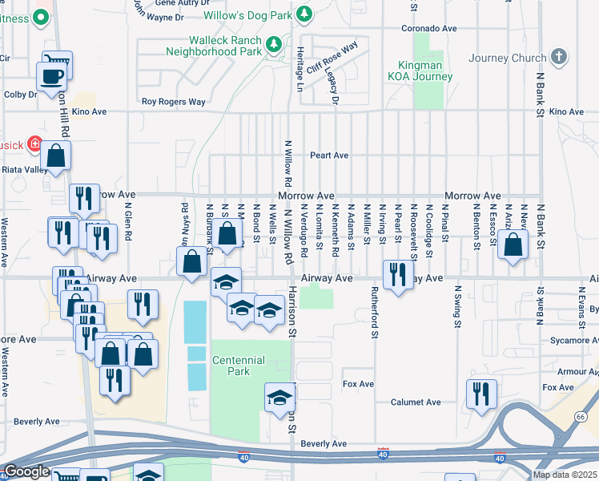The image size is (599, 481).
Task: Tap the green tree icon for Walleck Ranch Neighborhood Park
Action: click(x=274, y=45)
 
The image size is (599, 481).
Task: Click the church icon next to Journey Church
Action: click(x=559, y=57)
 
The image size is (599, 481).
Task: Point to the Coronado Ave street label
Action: click(x=430, y=29)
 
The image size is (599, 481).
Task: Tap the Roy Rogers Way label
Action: click(x=174, y=102)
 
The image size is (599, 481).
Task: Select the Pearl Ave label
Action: click(x=330, y=155)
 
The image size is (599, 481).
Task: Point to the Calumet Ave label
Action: click(x=416, y=402)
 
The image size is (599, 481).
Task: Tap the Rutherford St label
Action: click(x=374, y=313)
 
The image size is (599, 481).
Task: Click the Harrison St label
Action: click(x=292, y=313)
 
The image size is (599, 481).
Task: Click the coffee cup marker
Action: click(x=52, y=76)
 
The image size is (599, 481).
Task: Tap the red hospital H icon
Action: click(x=34, y=144)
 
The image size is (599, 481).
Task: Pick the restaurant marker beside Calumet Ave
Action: click(x=481, y=394)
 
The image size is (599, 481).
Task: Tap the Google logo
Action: click(x=26, y=472)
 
